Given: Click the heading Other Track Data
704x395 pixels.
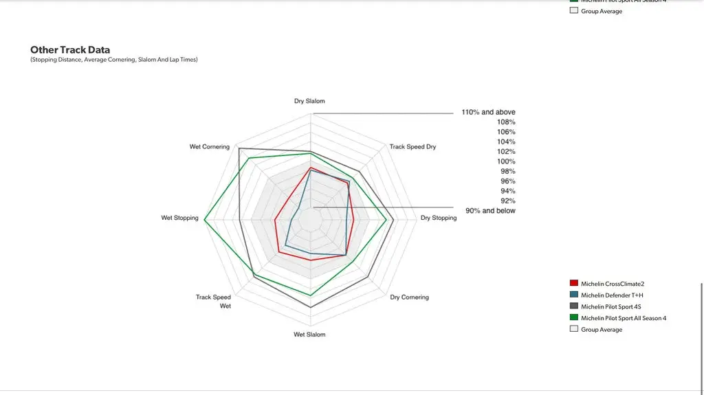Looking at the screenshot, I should click(x=70, y=50).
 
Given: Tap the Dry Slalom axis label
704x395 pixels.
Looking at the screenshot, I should click(x=309, y=101).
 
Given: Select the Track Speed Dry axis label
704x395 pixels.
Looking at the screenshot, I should click(x=412, y=146).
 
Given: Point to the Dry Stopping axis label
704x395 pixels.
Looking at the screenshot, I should click(x=439, y=218).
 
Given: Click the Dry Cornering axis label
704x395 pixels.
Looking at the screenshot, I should click(x=409, y=297).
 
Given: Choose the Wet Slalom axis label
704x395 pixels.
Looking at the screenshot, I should click(x=309, y=335).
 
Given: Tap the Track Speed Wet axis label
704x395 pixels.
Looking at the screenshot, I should click(x=214, y=301).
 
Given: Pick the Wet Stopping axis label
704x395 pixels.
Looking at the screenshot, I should click(x=179, y=218).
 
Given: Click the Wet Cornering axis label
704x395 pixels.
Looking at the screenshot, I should click(x=210, y=147).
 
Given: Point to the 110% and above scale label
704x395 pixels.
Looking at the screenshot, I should click(x=488, y=112).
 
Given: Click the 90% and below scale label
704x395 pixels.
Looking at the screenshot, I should click(x=490, y=211).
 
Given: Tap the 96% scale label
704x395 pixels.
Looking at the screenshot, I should click(x=507, y=181).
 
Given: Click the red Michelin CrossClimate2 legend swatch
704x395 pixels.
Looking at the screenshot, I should click(x=573, y=284).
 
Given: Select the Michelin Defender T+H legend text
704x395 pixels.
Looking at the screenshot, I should click(x=612, y=295).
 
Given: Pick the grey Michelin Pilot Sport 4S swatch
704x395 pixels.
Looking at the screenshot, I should click(x=573, y=306).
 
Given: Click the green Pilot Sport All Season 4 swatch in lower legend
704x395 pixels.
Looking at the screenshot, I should click(x=573, y=318).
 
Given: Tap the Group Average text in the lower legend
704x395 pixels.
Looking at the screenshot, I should click(x=602, y=330).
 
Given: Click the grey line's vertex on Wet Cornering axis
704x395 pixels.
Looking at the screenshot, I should click(x=239, y=148).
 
